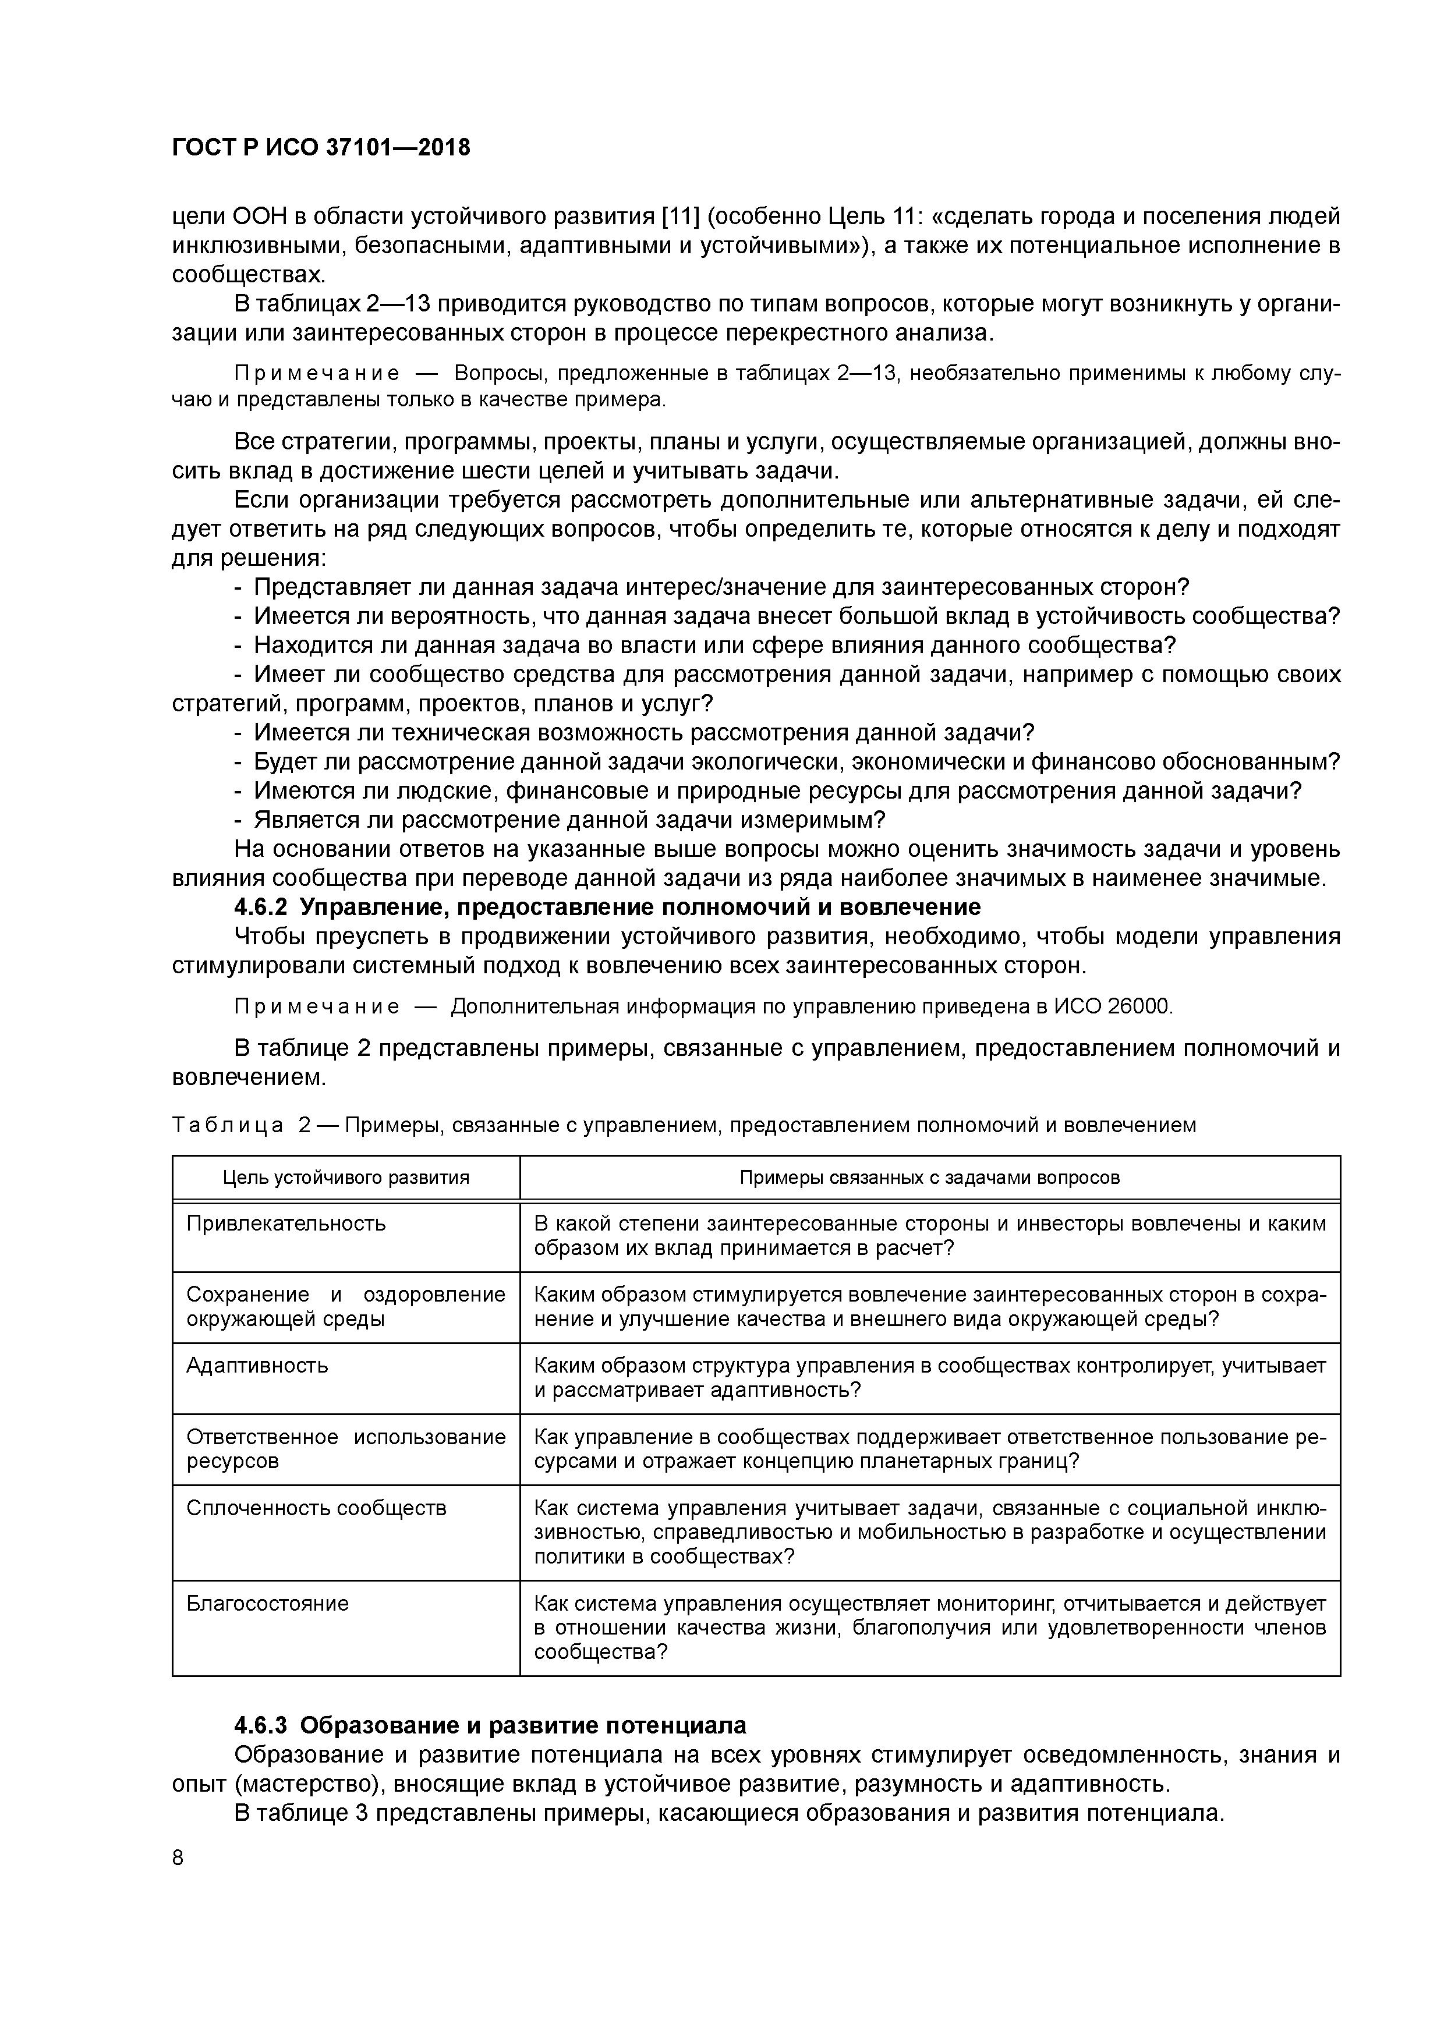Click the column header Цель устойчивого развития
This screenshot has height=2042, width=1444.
click(345, 1178)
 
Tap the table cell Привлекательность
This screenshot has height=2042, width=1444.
click(285, 1223)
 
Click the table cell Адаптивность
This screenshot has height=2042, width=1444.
click(257, 1365)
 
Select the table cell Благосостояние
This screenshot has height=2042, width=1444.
click(267, 1604)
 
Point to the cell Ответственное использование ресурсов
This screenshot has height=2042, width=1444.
click(345, 1449)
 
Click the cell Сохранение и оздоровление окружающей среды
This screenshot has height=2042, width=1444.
click(345, 1306)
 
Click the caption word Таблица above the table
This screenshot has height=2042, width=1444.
click(227, 1126)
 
